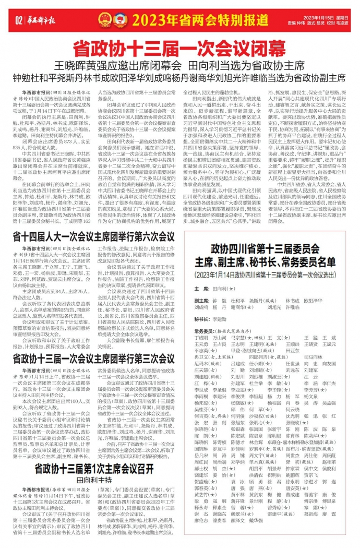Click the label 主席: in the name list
pyautogui.click(x=201, y=288)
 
